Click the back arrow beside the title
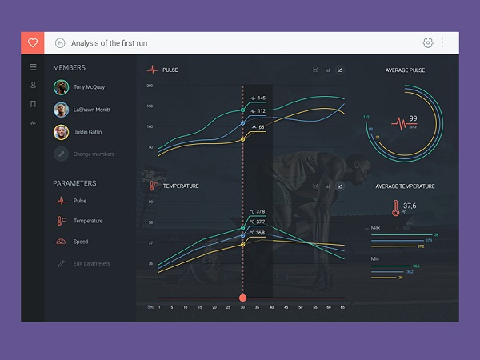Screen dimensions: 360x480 coord(60,43)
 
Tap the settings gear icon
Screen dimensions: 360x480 coord(428,43)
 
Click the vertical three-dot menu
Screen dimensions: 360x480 coord(442,43)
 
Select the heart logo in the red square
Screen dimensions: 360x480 coord(33,43)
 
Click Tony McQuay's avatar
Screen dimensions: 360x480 coord(60,87)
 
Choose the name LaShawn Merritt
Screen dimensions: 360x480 coord(92,110)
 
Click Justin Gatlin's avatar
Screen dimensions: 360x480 coord(60,132)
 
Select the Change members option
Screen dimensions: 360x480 coord(94,154)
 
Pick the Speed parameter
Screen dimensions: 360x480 coord(81,242)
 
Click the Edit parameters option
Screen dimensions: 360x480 coord(91,263)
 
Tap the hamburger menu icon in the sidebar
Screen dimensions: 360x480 coord(33,67)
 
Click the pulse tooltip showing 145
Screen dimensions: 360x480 coord(258,98)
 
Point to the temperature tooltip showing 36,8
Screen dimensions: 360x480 coord(258,233)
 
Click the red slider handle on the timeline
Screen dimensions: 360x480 coord(242,298)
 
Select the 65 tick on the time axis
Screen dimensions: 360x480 coord(342,307)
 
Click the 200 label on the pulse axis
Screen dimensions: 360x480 coord(150,86)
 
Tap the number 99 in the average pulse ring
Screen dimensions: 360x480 coord(413,118)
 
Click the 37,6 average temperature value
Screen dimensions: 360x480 coord(410,206)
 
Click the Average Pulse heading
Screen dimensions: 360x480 coord(405,70)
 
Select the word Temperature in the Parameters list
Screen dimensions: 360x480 coord(88,221)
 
